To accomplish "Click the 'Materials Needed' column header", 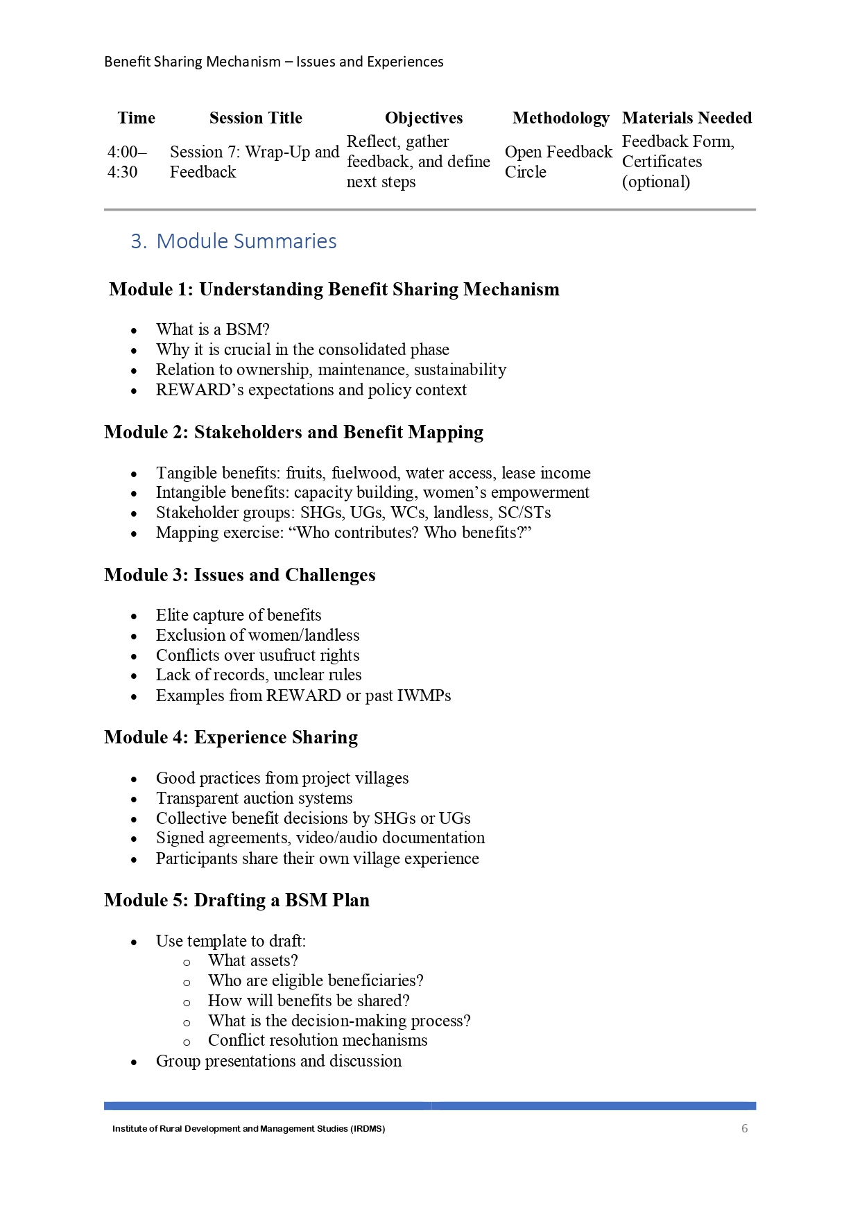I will click(687, 118).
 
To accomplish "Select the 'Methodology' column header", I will click(560, 118).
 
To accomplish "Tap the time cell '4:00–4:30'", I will click(126, 162).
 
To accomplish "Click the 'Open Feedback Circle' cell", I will click(558, 162).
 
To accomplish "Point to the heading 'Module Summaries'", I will click(246, 241).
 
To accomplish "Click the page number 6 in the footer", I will click(744, 1128).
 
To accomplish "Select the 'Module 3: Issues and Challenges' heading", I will click(239, 575).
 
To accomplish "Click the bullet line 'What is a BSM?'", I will click(212, 329).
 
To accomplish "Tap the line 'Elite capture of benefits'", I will click(239, 615).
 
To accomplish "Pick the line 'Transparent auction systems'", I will click(254, 798).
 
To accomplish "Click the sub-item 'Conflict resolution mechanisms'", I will click(318, 1040).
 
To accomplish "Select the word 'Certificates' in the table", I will click(662, 162).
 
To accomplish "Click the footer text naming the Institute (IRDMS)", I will click(248, 1128).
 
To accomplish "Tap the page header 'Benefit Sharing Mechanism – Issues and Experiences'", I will click(273, 62).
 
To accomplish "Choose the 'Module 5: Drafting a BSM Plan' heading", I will click(237, 900).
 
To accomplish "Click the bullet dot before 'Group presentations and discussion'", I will click(134, 1062).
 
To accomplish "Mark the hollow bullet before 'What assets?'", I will click(187, 963).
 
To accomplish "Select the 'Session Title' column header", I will click(255, 118).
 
